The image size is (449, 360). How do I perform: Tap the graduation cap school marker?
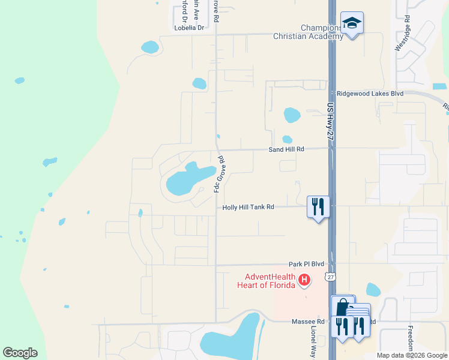tap(352, 24)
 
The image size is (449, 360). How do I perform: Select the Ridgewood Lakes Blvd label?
tap(370, 94)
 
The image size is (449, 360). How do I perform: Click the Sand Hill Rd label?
tap(286, 149)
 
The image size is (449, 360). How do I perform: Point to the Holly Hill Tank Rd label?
tap(248, 207)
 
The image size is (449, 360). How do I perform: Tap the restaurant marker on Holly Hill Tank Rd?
tap(318, 207)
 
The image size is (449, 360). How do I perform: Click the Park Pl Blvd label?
tap(306, 263)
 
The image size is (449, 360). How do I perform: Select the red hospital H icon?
tap(304, 280)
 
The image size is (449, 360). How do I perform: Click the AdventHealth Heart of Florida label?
tap(270, 280)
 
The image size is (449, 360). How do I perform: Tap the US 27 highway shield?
tap(330, 276)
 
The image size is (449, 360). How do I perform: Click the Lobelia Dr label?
tap(189, 28)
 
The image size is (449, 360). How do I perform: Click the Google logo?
tap(20, 352)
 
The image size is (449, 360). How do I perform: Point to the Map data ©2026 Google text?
tap(412, 355)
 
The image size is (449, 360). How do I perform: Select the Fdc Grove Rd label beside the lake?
tap(219, 174)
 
